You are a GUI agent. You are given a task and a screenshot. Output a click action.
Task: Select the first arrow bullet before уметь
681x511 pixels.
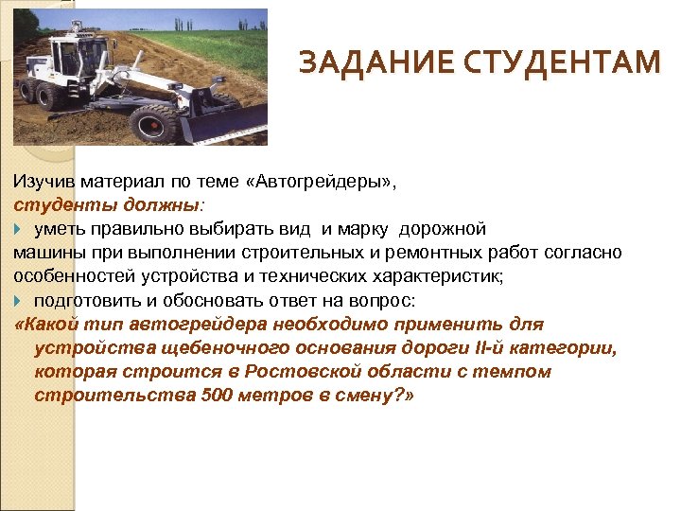click(x=20, y=228)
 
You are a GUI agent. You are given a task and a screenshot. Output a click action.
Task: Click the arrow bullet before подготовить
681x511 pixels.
click(x=20, y=300)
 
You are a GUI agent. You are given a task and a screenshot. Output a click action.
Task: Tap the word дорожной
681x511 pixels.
click(x=443, y=228)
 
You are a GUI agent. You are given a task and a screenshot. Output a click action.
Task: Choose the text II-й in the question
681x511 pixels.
click(x=481, y=347)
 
